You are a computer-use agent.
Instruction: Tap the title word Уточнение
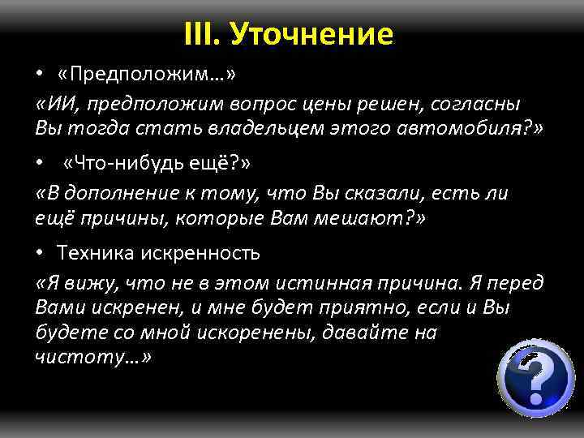(x=311, y=33)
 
